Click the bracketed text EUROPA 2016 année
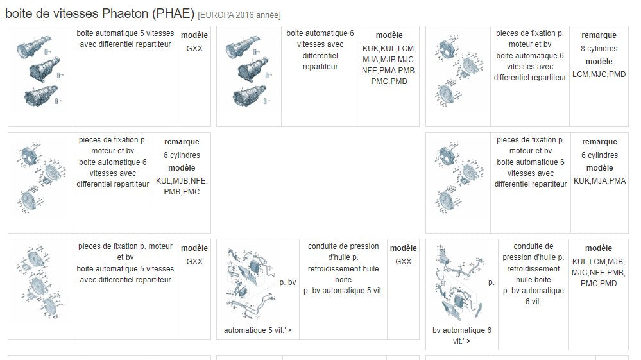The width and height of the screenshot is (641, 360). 239,15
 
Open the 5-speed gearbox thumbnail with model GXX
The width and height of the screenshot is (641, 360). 40,71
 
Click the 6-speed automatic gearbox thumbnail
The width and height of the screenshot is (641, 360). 248,71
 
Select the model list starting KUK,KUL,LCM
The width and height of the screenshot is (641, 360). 389,65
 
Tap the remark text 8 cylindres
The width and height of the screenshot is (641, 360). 599,49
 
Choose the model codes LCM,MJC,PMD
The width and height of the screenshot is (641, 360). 599,74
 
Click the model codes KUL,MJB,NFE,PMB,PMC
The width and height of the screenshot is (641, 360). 182,186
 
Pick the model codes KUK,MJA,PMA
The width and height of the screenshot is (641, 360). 599,181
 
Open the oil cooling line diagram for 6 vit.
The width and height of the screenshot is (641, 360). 459,283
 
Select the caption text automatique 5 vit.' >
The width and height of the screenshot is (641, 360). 258,330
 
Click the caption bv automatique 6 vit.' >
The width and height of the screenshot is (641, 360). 462,336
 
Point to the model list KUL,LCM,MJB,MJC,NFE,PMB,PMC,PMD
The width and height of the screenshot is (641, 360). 599,273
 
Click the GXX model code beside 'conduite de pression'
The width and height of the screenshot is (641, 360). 403,262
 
